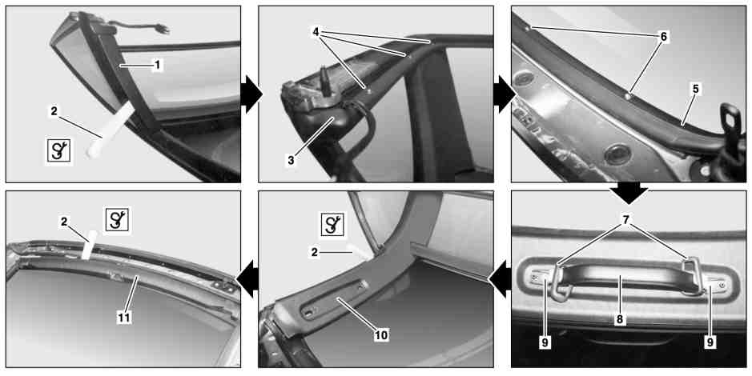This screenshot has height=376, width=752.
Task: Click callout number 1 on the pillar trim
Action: click(156, 65)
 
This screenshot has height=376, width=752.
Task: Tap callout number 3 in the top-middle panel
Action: click(291, 161)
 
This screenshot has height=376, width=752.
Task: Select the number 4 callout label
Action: click(316, 32)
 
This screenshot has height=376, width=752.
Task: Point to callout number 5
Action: click(696, 89)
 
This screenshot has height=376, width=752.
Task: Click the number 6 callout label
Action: click(663, 37)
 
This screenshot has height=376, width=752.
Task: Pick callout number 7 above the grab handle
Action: click(626, 219)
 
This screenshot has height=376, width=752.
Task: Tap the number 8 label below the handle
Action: click(620, 319)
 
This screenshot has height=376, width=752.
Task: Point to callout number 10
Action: click(381, 335)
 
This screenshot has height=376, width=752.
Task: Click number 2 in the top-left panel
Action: click(54, 112)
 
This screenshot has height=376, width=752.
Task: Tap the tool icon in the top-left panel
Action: click(58, 151)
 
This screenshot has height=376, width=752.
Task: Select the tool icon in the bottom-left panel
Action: click(118, 220)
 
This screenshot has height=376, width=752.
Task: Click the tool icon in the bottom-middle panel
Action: click(332, 225)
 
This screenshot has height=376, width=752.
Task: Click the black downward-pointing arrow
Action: click(629, 193)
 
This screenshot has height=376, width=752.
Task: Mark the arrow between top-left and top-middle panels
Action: click(251, 94)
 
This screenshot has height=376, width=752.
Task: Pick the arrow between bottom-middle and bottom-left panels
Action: click(247, 279)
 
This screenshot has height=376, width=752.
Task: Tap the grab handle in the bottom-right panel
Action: click(624, 278)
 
